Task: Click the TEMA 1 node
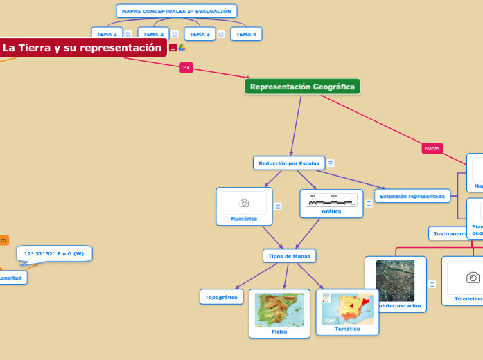pos(107,34)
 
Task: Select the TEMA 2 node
pos(153,34)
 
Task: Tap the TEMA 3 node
pos(200,34)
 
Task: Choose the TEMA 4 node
pos(246,34)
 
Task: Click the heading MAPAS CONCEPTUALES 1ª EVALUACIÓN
pos(177,11)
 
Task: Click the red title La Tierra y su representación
pos(82,48)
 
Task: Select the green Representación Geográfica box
pos(302,87)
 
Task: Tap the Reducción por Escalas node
pos(289,163)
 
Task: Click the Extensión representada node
pos(412,196)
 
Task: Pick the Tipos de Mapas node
pos(290,256)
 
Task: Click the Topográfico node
pos(222,297)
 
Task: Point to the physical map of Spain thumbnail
pos(279,309)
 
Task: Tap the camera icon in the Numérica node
pos(244,203)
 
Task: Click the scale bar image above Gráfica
pos(331,200)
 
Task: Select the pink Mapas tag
pos(432,148)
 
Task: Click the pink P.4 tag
pos(186,67)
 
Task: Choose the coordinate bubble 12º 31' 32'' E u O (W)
pos(54,253)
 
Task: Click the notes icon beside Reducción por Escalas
pos(331,163)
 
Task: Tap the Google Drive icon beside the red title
pos(182,48)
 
